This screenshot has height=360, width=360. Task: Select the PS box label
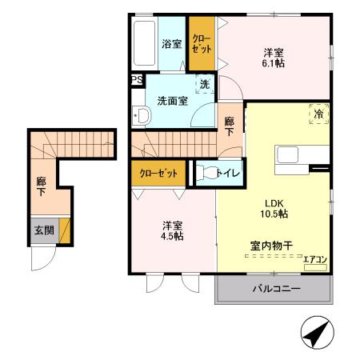point(136,79)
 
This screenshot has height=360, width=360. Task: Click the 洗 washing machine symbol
point(206,85)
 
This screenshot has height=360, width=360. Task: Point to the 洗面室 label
point(172,101)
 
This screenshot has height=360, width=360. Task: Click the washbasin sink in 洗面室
point(142,116)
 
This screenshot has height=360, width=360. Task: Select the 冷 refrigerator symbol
point(318,115)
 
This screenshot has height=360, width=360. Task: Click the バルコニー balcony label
point(277,289)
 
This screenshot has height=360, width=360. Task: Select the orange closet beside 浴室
point(201,44)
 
